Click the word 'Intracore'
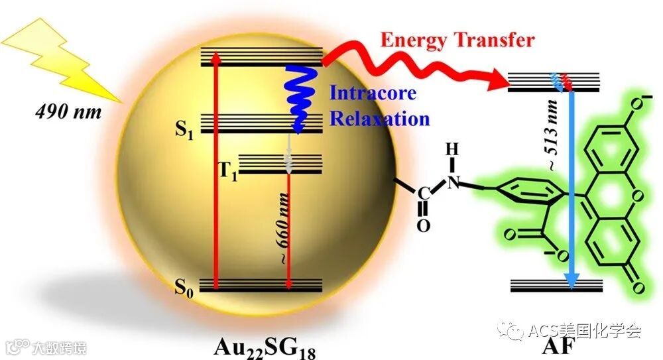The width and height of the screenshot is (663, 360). [x=373, y=92]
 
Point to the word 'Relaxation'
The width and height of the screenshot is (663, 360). [x=380, y=119]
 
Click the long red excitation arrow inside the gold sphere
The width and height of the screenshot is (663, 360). [x=215, y=172]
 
